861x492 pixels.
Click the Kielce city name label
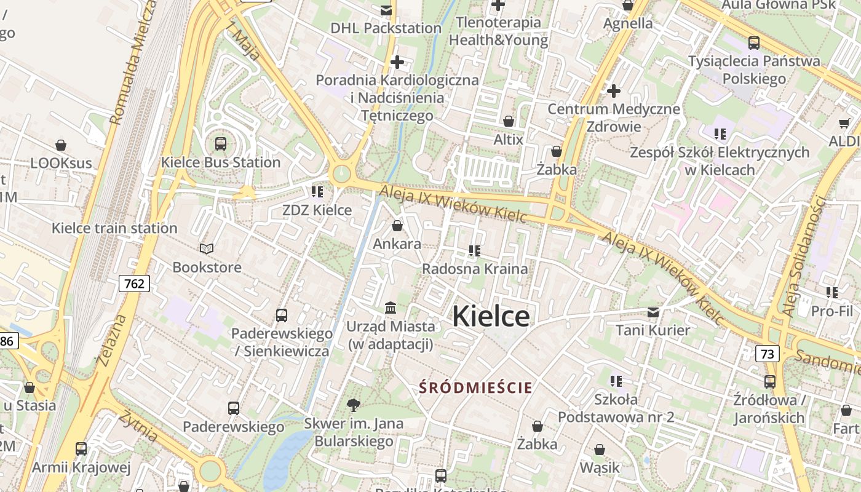[x=491, y=316]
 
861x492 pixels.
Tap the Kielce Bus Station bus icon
[x=220, y=144]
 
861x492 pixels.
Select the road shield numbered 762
[x=134, y=284]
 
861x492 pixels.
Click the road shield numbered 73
[x=767, y=354]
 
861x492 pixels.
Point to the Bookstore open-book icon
[x=207, y=248]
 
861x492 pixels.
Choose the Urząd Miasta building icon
[x=391, y=307]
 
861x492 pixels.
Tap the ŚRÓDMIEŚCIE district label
[x=475, y=387]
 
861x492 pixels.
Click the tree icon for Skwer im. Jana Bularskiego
[x=353, y=405]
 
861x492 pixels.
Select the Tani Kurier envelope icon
[x=653, y=312]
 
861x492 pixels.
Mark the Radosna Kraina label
[x=475, y=269]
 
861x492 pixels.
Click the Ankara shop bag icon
[x=397, y=226]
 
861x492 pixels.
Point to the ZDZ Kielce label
[x=317, y=210]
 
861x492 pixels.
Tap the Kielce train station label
[x=114, y=228]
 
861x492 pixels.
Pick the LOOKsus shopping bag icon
[x=61, y=145]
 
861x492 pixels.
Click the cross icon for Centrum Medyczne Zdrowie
[x=613, y=91]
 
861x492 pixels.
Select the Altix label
[x=508, y=140]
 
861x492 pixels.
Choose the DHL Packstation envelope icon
[x=386, y=10]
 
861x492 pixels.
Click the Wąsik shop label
[x=600, y=467]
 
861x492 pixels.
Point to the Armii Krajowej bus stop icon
[x=81, y=449]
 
